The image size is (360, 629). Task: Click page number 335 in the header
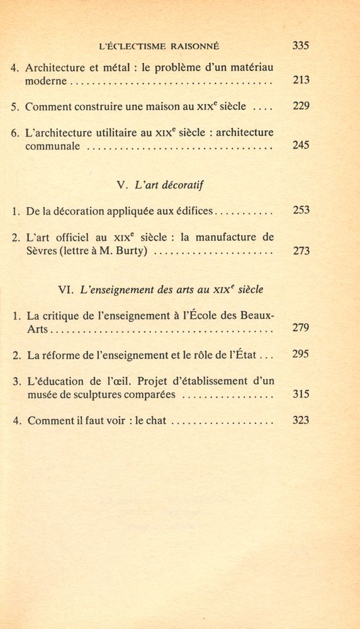(x=301, y=45)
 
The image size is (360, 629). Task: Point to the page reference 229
(x=301, y=106)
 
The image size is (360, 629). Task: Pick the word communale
(x=53, y=146)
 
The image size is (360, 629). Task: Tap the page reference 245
(x=301, y=145)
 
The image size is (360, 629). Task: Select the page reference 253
(x=301, y=210)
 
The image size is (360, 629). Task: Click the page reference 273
(x=301, y=251)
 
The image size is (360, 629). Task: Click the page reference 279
(x=301, y=328)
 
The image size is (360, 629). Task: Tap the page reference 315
(x=301, y=394)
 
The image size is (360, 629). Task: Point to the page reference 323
(x=301, y=420)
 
